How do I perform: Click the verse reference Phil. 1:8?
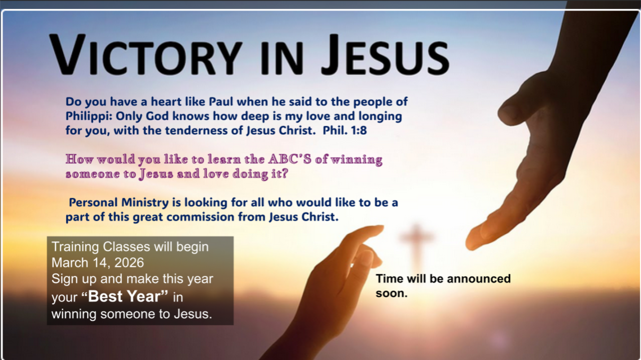click(345, 131)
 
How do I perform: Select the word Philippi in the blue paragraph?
click(89, 117)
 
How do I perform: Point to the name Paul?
click(221, 101)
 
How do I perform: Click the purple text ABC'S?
click(289, 159)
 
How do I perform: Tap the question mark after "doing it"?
click(285, 173)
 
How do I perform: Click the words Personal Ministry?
click(119, 203)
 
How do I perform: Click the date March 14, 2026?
click(98, 263)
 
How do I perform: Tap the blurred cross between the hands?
click(417, 246)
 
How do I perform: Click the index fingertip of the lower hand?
click(378, 229)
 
